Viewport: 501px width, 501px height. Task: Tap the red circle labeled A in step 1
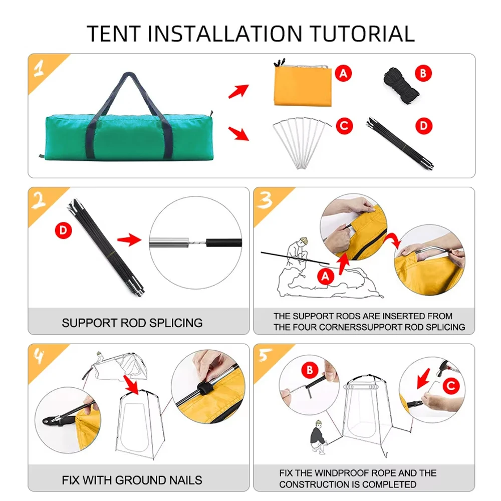[x=343, y=73]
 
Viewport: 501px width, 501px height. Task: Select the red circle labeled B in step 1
[x=423, y=73]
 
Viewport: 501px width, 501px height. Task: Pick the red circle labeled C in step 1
[x=344, y=126]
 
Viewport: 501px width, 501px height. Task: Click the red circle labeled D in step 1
[x=424, y=126]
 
